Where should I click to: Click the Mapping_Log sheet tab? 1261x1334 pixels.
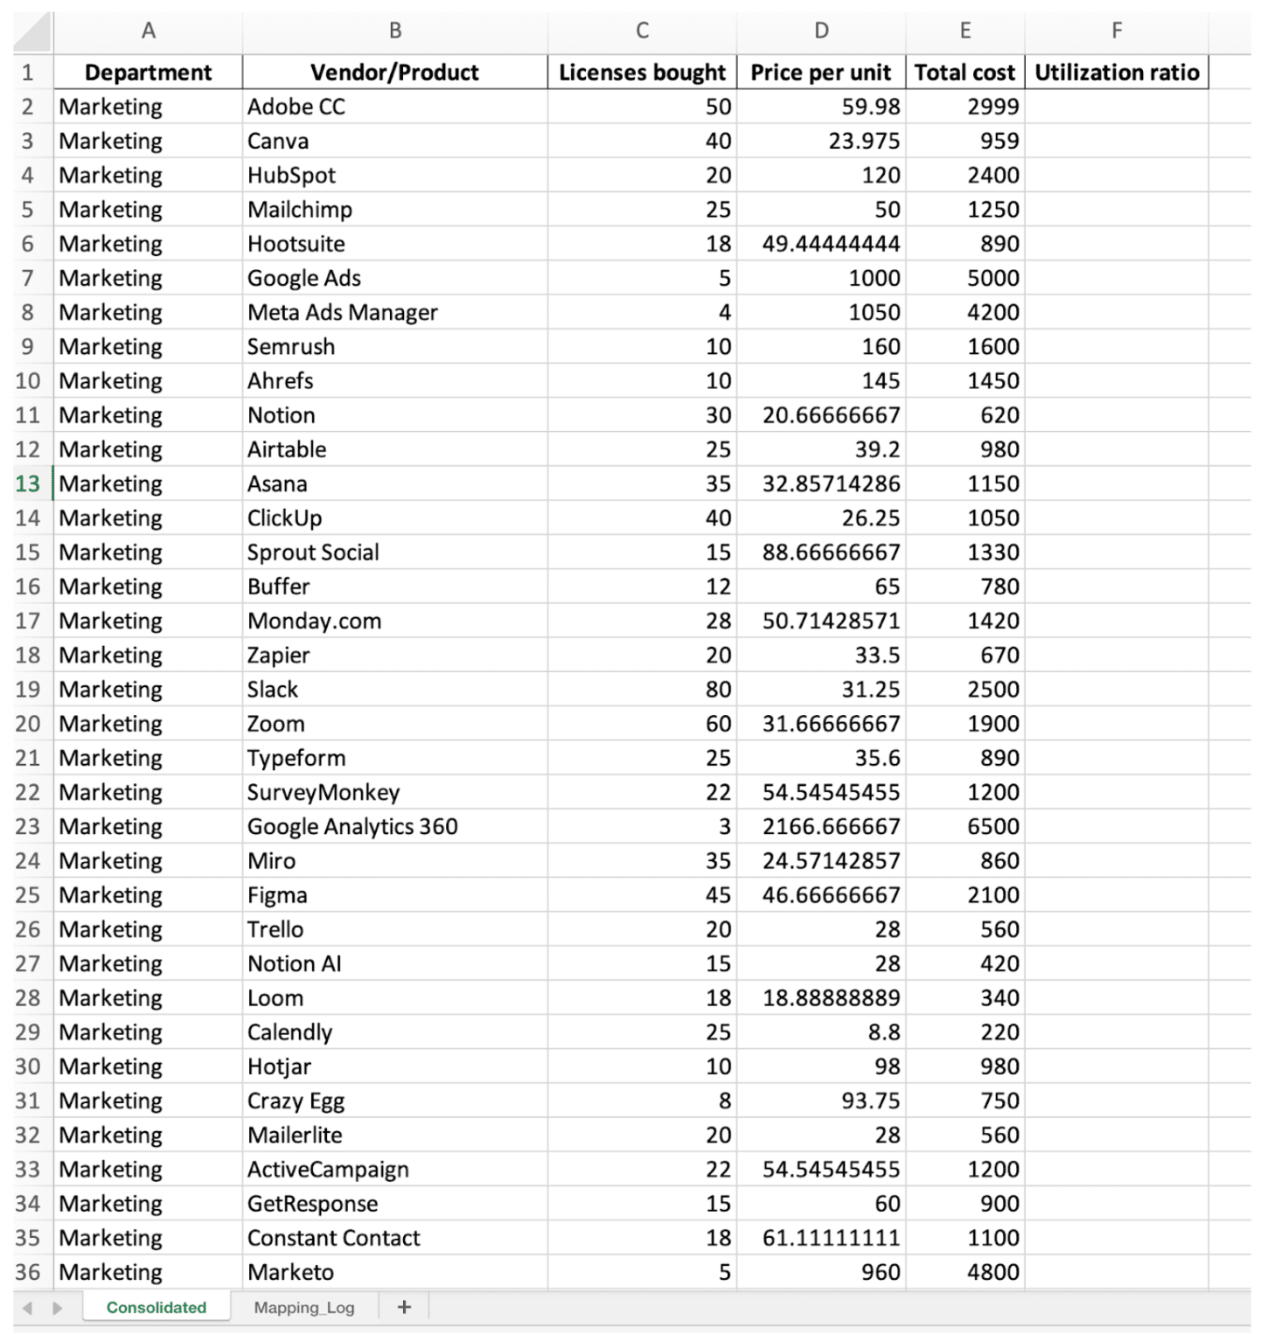pyautogui.click(x=303, y=1307)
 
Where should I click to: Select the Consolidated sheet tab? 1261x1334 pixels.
pyautogui.click(x=157, y=1307)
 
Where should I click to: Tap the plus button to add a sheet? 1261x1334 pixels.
pyautogui.click(x=404, y=1307)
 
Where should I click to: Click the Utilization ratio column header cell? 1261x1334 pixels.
pyautogui.click(x=1116, y=73)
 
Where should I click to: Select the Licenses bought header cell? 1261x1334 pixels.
pyautogui.click(x=642, y=73)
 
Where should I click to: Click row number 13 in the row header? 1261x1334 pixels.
pyautogui.click(x=28, y=483)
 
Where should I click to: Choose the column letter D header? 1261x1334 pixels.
pyautogui.click(x=821, y=31)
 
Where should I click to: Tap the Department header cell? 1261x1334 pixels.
pyautogui.click(x=148, y=73)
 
